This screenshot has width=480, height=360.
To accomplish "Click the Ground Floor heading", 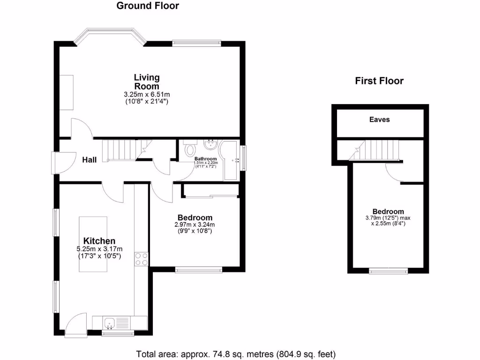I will [x=147, y=6].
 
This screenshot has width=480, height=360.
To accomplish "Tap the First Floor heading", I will [x=379, y=81].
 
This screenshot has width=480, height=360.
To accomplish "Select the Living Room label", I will [x=147, y=82].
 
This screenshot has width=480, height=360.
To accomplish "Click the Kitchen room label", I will [x=99, y=240].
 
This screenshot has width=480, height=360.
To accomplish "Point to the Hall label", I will [x=90, y=160].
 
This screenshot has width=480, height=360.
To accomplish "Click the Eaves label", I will [x=379, y=120].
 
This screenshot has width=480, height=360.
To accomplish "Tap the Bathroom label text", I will [x=206, y=159].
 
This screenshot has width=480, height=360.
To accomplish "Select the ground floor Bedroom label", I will [x=195, y=217].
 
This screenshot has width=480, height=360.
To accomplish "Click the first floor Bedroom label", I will [x=388, y=211].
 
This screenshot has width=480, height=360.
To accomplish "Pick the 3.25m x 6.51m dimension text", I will [x=147, y=94].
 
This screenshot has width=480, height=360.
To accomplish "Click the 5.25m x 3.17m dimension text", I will [x=99, y=249].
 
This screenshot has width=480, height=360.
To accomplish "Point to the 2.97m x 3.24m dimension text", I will [x=195, y=225].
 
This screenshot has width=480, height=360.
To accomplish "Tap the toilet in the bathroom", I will [x=190, y=150].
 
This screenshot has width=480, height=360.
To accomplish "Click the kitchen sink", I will [x=110, y=323].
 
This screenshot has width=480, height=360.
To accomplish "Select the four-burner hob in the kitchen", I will [x=142, y=259].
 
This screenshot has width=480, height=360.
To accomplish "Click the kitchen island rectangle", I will [x=93, y=244].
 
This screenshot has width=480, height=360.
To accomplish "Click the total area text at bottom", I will [x=236, y=354].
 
